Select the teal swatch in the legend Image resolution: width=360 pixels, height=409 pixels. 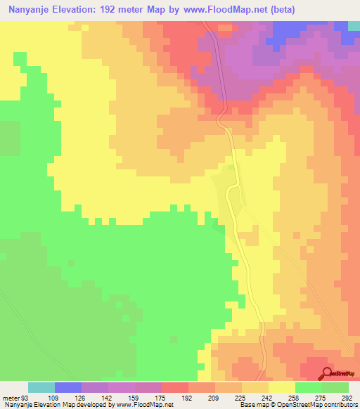pos(41,387)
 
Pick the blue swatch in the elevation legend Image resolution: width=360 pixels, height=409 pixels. pos(68,387)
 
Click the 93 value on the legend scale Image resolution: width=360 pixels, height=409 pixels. pos(25,398)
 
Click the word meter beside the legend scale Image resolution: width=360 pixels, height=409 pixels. pos(10,398)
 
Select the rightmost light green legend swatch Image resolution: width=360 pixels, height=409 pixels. pos(335,387)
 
